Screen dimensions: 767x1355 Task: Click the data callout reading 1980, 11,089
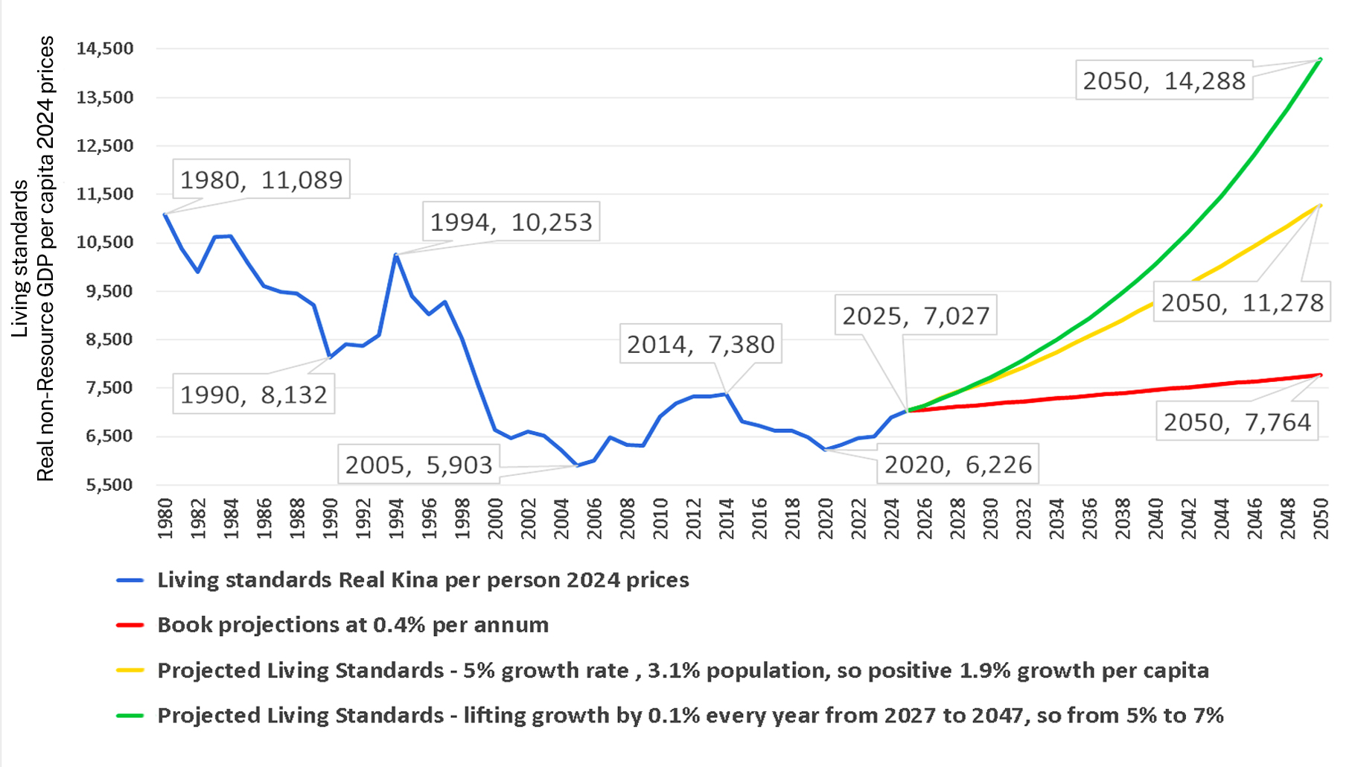coord(261,179)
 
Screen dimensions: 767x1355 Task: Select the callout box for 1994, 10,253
coord(511,222)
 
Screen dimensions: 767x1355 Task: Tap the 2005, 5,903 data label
coord(418,465)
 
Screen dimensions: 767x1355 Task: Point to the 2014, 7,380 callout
coord(701,344)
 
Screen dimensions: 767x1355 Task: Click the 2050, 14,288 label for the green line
coord(1164,80)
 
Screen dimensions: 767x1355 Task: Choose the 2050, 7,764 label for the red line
coord(1237,422)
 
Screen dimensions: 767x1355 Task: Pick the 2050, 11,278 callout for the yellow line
coord(1242,302)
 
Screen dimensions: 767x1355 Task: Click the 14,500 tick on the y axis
coord(105,48)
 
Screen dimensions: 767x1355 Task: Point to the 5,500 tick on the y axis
coord(109,485)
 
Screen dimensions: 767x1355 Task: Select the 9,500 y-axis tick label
coord(109,291)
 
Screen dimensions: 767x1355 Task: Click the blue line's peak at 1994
coord(396,255)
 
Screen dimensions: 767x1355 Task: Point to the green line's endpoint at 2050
coord(1320,60)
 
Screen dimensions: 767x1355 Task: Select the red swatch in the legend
coord(130,625)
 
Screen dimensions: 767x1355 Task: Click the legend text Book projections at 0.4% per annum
coord(353,625)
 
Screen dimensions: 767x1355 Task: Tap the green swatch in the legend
coord(130,716)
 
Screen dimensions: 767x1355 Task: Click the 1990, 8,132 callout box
coord(253,394)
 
